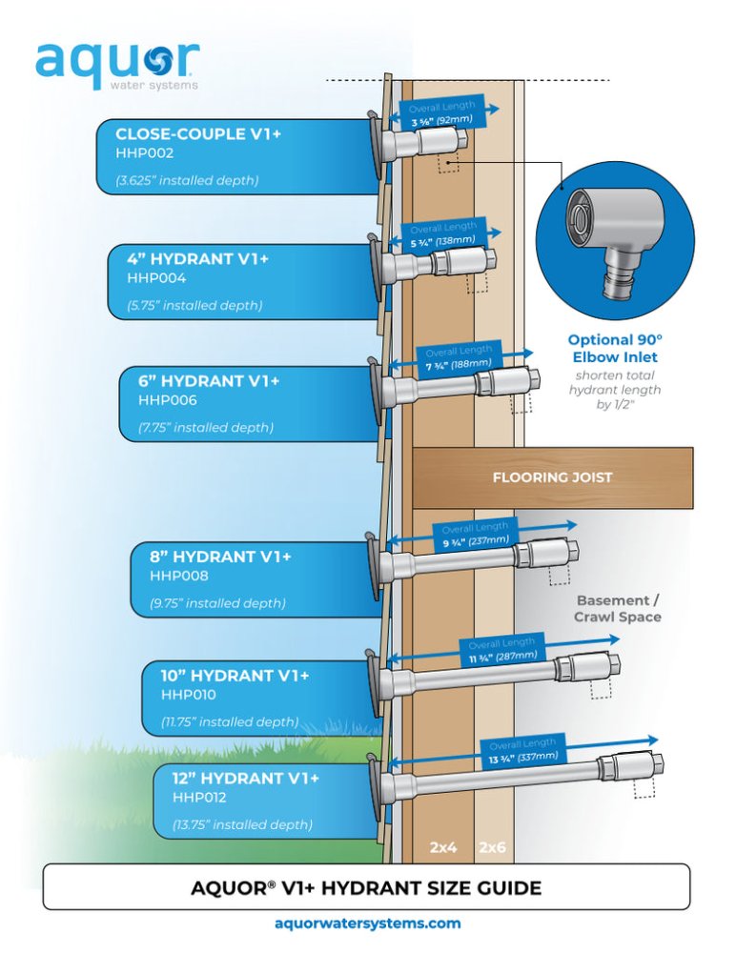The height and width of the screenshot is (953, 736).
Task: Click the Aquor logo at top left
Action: tap(117, 65)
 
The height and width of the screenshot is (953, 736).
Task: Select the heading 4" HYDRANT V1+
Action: tap(197, 258)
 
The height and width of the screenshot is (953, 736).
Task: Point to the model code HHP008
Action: tap(179, 577)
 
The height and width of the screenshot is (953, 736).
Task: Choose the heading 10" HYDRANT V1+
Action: tap(235, 676)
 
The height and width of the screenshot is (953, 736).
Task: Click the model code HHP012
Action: tap(199, 797)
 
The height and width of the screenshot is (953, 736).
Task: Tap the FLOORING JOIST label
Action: tap(552, 477)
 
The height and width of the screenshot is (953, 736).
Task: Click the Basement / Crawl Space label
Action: tap(617, 609)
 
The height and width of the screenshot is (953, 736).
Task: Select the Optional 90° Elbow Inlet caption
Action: tap(613, 348)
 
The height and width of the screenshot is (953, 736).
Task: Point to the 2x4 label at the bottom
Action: tap(444, 846)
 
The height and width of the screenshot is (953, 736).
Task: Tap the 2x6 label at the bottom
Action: tap(494, 846)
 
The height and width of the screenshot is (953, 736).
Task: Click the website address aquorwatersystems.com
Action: tap(367, 923)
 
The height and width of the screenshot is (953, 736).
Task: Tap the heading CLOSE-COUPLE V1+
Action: tap(198, 133)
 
